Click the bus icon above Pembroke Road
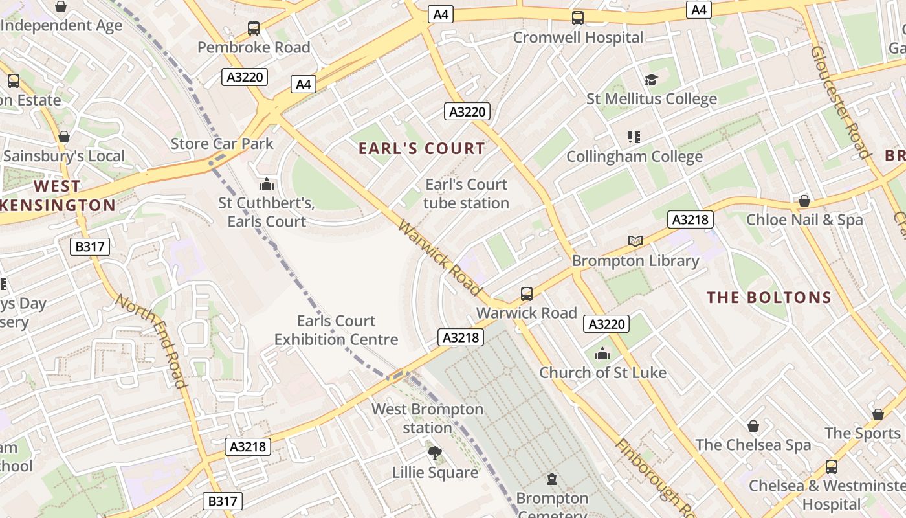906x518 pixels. click(x=254, y=28)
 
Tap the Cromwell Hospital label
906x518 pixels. click(x=578, y=38)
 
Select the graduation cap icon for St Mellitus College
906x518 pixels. click(x=651, y=80)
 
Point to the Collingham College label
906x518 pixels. click(x=634, y=157)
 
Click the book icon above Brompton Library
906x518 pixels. click(x=635, y=242)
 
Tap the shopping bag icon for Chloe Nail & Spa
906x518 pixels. click(x=804, y=201)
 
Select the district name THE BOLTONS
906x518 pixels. click(x=769, y=298)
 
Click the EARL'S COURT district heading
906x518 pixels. click(x=422, y=148)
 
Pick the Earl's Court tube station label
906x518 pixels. click(x=466, y=194)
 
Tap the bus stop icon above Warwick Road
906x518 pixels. click(x=527, y=294)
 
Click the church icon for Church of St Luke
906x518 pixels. click(x=602, y=354)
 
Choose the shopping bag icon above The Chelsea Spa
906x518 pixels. click(x=753, y=426)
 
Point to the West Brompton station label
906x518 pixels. click(x=427, y=418)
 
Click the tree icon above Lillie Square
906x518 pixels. click(x=435, y=453)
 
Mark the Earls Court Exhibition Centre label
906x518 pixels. click(x=336, y=330)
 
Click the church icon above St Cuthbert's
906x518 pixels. click(x=266, y=185)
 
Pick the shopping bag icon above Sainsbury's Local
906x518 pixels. click(x=63, y=137)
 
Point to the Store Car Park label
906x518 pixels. click(x=222, y=144)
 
